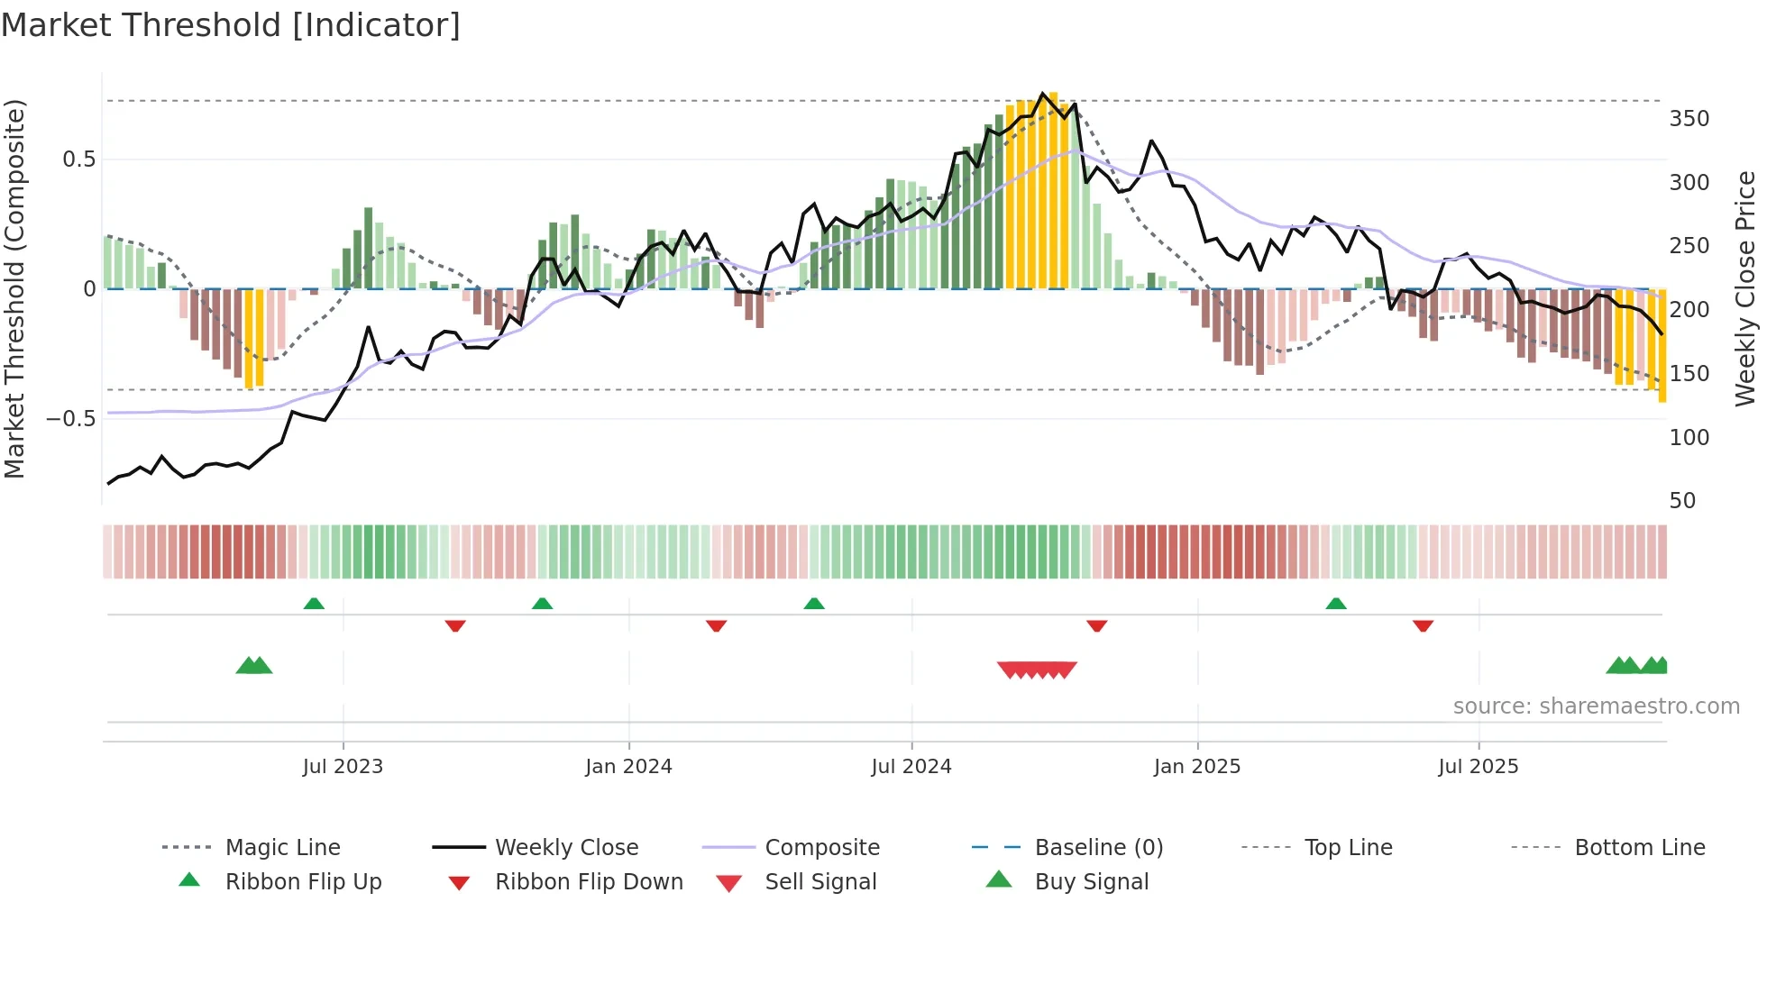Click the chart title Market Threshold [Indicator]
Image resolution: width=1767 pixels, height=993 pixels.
(x=231, y=25)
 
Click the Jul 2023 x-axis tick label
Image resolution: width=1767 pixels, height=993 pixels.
(x=343, y=767)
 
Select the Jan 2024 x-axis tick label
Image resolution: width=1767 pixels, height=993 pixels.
(x=628, y=767)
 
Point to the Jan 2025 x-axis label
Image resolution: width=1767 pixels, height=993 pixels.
(x=1197, y=767)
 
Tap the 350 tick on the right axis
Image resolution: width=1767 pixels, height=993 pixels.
(x=1689, y=119)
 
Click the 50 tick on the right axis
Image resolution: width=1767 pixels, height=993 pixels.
(x=1682, y=501)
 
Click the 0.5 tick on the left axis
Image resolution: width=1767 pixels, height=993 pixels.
(x=78, y=159)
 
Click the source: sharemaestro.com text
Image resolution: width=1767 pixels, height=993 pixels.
(x=1596, y=706)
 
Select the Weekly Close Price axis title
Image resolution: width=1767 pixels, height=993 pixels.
(x=1745, y=288)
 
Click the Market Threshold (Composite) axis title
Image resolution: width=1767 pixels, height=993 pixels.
(x=14, y=288)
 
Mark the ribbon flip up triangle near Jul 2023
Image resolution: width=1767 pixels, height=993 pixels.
(x=314, y=604)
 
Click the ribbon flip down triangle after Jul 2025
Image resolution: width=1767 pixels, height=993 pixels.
(x=1423, y=625)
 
